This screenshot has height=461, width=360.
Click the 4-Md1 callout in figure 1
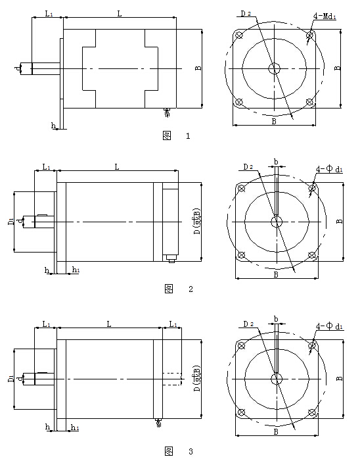[x=325, y=16]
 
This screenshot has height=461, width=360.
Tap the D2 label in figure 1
[x=246, y=14]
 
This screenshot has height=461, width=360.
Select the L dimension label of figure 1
[x=120, y=14]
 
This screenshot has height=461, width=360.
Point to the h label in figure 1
[x=53, y=126]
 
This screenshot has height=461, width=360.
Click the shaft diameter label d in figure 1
[x=18, y=69]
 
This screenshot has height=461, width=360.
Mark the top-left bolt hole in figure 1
[x=240, y=36]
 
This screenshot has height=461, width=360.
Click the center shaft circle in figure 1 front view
[x=274, y=69]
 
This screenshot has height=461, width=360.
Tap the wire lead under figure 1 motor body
[x=167, y=113]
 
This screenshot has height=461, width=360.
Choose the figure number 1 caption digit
[x=188, y=136]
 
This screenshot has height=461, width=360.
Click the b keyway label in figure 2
[x=276, y=162]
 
